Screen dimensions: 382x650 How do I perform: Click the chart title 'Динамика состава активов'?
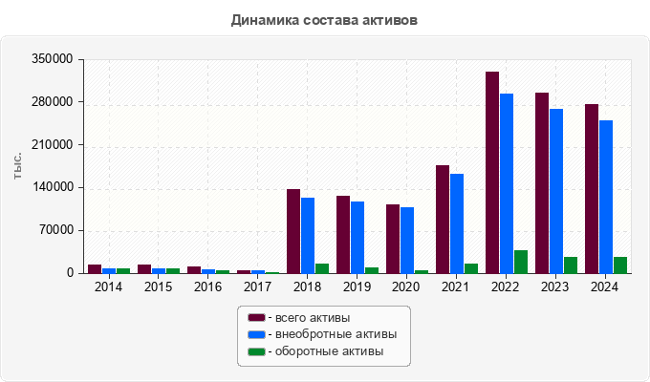324,19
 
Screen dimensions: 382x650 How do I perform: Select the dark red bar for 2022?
492,172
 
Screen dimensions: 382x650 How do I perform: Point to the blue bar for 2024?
606,197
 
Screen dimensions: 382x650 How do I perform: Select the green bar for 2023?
571,265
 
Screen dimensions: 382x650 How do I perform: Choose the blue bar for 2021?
457,223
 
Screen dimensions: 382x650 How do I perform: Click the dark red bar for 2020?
393,239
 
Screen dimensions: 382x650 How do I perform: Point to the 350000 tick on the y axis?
54,59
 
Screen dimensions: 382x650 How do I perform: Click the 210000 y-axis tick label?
54,145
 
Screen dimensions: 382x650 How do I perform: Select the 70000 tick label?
57,230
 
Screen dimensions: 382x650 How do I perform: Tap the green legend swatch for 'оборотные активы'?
256,352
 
